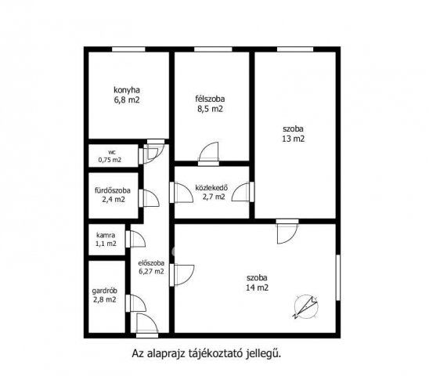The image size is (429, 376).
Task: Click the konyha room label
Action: [127, 90]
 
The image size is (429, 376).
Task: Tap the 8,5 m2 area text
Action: [210, 109]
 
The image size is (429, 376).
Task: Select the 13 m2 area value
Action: [294, 139]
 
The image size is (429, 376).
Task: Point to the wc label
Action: [112, 153]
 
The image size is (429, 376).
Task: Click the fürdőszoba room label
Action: [113, 190]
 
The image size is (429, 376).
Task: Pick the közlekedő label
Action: [211, 188]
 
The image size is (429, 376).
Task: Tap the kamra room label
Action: [106, 235]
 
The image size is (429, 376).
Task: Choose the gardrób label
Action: [105, 291]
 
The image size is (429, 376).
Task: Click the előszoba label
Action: [151, 263]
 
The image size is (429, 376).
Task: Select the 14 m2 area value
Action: [258, 287]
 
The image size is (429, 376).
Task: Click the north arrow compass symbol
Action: [306, 307]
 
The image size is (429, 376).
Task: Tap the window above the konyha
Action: [128, 49]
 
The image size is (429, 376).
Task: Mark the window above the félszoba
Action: [213, 49]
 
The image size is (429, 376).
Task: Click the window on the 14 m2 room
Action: [338, 277]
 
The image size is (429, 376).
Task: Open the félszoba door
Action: [208, 154]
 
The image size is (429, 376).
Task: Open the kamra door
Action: [135, 240]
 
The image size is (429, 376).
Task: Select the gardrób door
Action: [136, 303]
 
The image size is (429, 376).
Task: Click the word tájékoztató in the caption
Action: [216, 353]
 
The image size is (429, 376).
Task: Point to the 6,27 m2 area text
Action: [151, 272]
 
